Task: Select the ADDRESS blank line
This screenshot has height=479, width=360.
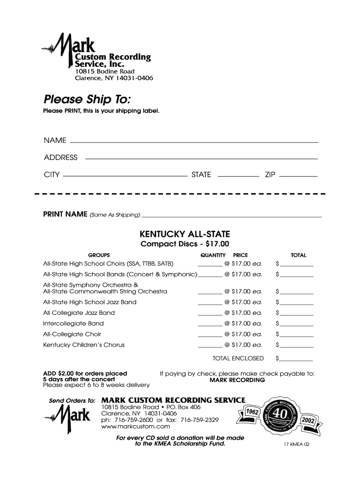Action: (201, 158)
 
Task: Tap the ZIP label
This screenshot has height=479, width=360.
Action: (270, 175)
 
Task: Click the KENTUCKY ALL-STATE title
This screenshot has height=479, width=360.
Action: (185, 234)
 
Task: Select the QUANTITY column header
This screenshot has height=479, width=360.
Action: (213, 255)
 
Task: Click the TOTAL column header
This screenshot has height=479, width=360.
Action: (298, 255)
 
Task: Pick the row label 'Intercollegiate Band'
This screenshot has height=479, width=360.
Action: (73, 324)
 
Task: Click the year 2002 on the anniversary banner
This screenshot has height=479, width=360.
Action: (309, 421)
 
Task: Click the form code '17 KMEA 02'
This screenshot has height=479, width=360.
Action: (296, 445)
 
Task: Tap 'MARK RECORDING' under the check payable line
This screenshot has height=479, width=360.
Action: (237, 380)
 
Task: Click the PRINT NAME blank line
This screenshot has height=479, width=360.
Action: (231, 217)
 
